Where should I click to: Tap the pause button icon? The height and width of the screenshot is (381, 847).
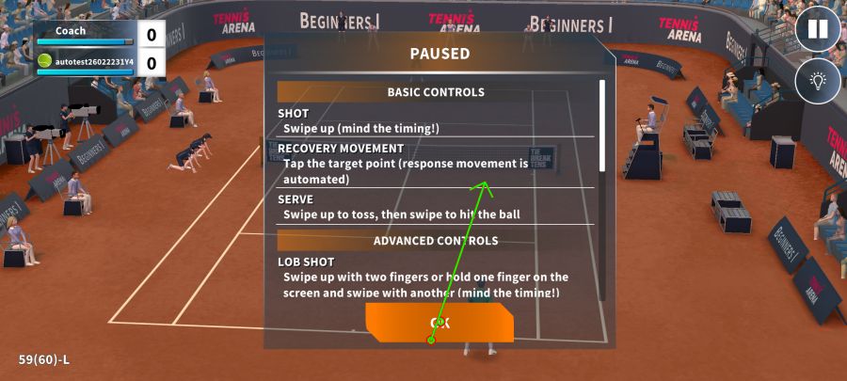point(818,29)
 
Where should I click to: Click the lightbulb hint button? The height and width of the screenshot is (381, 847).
point(818,82)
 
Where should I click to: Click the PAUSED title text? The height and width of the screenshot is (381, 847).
point(439,54)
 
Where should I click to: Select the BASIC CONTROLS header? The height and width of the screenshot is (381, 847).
point(436,92)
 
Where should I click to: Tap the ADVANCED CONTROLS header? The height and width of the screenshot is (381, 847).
point(436,241)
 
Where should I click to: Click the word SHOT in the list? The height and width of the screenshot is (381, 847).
point(294,114)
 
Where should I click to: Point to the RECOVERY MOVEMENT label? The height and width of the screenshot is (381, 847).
point(341,149)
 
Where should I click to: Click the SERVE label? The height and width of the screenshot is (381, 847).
point(296,200)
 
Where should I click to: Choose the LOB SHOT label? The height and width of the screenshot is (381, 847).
point(306,262)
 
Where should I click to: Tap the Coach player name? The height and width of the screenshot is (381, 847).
point(71,31)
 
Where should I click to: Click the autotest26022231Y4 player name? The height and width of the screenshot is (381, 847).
point(94,62)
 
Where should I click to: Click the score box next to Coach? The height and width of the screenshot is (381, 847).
point(151,35)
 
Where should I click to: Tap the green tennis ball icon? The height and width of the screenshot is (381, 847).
point(44,61)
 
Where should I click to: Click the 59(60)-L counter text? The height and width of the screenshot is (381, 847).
point(44,359)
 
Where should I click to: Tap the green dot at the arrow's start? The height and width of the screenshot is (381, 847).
point(431,340)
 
